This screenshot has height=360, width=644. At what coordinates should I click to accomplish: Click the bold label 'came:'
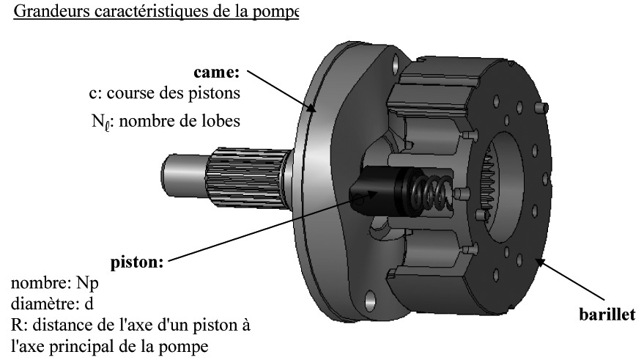(216, 73)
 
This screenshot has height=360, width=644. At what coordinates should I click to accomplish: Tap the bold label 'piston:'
(137, 262)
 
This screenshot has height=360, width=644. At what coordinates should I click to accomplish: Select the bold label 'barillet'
(607, 315)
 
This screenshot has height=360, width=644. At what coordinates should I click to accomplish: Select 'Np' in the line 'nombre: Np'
(87, 284)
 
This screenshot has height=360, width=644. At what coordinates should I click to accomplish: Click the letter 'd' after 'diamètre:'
(89, 304)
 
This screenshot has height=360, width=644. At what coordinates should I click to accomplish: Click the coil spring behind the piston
(430, 192)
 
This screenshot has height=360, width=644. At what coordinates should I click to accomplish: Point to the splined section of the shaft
(247, 177)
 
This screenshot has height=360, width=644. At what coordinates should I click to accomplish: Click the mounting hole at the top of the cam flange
(396, 64)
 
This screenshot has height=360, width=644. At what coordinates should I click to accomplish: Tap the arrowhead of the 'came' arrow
(313, 108)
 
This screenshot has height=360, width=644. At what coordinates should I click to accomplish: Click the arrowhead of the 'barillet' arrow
(540, 262)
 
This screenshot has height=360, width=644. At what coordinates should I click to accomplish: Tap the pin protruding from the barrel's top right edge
(541, 108)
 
